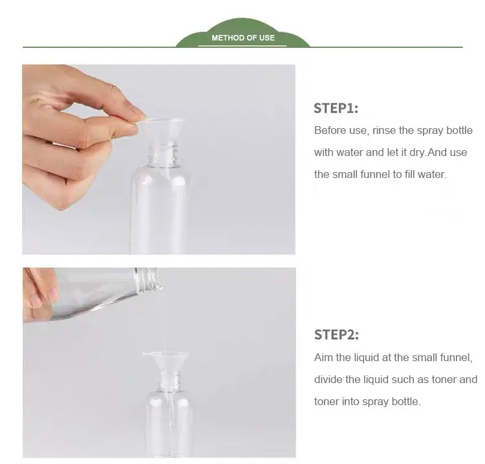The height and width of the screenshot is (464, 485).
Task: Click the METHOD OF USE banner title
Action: click(x=243, y=38)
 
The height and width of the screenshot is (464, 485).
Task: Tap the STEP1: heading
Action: click(x=336, y=108)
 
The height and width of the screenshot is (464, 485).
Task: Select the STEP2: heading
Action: click(x=336, y=335)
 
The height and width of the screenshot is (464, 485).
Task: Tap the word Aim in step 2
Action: click(x=323, y=357)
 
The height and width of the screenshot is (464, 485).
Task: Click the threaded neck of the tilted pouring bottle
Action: click(x=147, y=280)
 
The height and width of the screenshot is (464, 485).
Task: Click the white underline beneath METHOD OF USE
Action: click(x=242, y=46)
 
